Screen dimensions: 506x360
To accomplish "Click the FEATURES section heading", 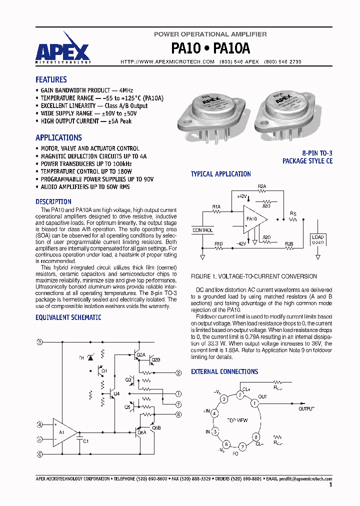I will tap(51, 79).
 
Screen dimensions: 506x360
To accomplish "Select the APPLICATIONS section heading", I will tap(58, 137).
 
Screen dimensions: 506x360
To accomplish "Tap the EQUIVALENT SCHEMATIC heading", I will tap(68, 317).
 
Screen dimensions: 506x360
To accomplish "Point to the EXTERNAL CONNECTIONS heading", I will tap(224, 371).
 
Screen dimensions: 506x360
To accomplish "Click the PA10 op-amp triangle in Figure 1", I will tap(253, 218).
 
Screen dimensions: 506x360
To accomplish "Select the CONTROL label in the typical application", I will tap(202, 230).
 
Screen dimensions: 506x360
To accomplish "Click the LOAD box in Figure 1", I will tap(317, 239).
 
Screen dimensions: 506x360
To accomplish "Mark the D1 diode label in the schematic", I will tap(82, 358).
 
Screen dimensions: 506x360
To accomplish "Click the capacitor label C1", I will tap(85, 441).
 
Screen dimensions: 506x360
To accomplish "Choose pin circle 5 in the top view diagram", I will tap(215, 431).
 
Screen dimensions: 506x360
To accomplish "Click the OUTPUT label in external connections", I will tap(306, 408).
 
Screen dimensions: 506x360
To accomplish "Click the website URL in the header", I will tap(167, 61).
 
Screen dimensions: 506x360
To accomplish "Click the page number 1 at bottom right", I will tap(331, 484).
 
